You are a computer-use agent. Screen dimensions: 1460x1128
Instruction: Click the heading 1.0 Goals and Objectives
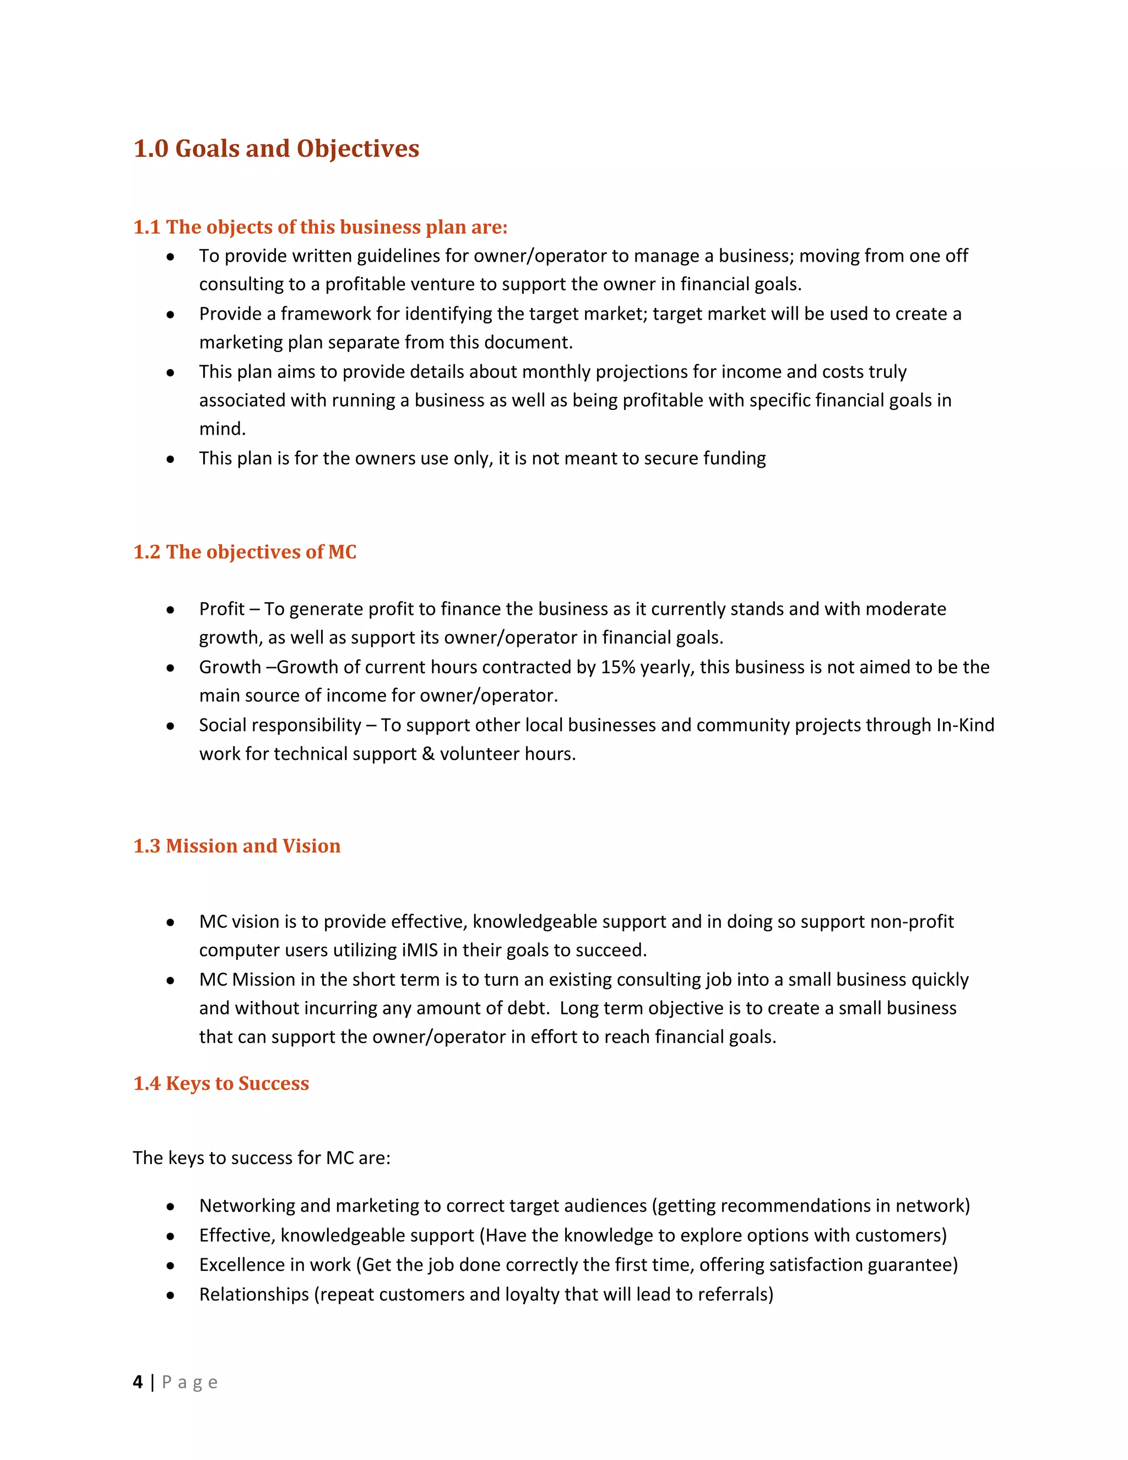276,148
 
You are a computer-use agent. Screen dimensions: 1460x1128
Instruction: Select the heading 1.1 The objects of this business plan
320,228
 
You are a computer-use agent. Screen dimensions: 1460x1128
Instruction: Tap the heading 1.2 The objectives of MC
245,551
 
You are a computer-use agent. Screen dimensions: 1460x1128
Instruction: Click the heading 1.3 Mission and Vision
236,846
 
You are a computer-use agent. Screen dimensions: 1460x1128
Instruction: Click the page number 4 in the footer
138,1382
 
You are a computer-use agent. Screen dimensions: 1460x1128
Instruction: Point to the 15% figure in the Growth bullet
617,667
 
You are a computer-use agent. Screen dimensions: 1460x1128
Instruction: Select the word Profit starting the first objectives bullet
222,609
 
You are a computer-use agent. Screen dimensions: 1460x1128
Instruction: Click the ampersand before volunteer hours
427,754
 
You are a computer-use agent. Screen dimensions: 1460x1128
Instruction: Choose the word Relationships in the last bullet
254,1294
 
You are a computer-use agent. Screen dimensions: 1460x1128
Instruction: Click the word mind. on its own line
223,429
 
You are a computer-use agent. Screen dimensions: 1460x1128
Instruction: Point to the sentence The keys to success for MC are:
261,1158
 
